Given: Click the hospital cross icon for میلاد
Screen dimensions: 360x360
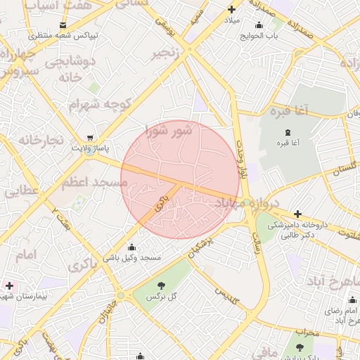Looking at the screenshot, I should [x=231, y=10].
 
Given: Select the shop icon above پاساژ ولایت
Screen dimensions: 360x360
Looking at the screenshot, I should [x=89, y=138].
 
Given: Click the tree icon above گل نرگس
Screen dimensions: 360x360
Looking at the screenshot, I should [x=161, y=285].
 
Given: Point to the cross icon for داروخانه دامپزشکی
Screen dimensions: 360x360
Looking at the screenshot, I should [x=297, y=213].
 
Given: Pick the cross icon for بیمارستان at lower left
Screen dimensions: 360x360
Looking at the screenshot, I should [x=9, y=285].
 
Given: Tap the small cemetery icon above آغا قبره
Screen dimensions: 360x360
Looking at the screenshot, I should [x=285, y=131].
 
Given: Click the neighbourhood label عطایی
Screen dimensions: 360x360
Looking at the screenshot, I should [x=20, y=190].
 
